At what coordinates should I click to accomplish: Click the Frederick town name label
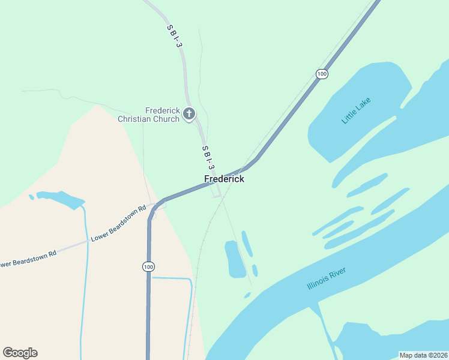pos(224,179)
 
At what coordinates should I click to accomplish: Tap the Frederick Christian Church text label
pos(148,115)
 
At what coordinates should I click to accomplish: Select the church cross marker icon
pos(188,113)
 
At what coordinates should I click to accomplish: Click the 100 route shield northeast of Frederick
pos(322,74)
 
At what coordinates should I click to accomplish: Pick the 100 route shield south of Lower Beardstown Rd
pos(148,266)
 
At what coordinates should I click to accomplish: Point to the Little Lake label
pos(357,110)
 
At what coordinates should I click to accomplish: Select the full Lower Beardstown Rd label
pos(119,224)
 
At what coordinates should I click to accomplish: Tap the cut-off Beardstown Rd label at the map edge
pos(28,258)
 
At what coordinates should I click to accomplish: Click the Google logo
pos(20,353)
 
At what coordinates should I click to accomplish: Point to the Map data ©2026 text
pos(423,355)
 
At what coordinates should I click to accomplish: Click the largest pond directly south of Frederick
pos(234,258)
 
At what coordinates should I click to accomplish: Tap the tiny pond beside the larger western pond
pos(31,196)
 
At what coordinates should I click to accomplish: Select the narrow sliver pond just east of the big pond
pos(247,243)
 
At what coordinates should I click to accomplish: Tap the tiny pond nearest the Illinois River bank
pos(247,295)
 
